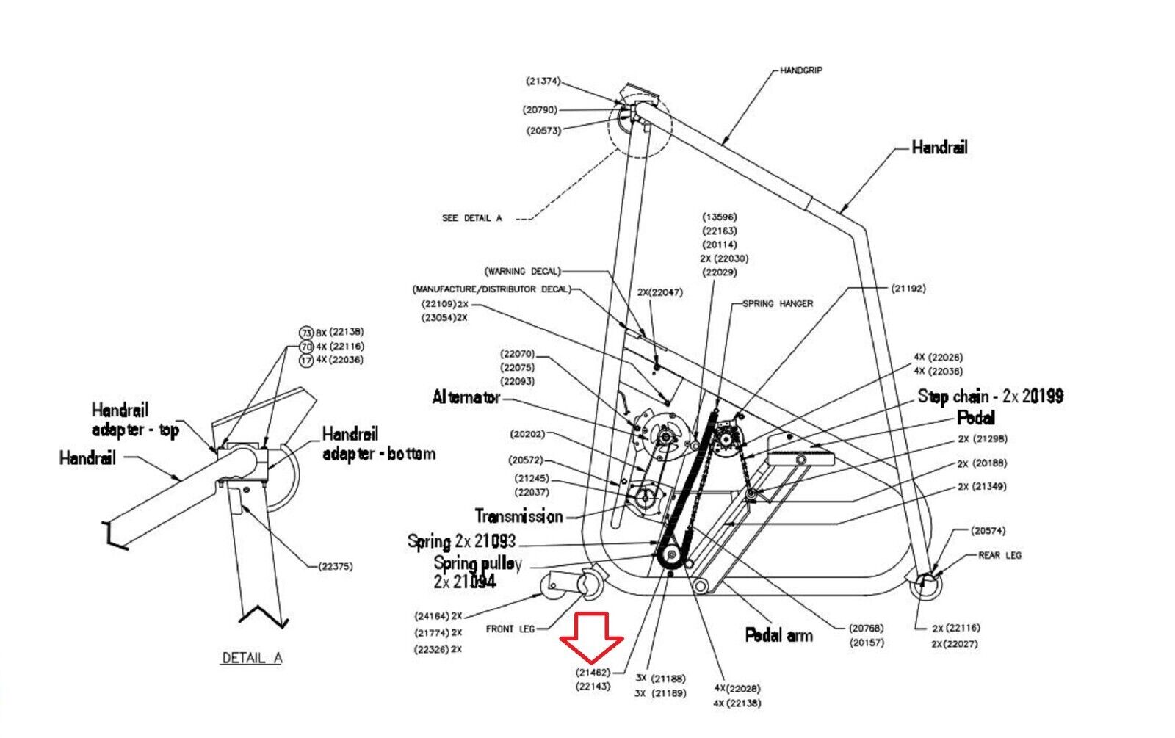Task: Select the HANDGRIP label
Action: (x=800, y=70)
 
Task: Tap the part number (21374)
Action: (x=543, y=81)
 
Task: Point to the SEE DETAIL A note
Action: (x=471, y=218)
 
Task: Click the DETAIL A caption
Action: (x=252, y=658)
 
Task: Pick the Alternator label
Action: (x=466, y=398)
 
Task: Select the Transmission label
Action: (x=518, y=516)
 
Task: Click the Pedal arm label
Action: (x=778, y=635)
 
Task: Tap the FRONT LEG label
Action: (x=510, y=629)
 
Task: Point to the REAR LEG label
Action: (x=999, y=556)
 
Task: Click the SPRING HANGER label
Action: (x=777, y=303)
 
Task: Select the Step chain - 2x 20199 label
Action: (x=990, y=397)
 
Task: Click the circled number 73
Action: (x=306, y=333)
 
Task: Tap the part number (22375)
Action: (x=336, y=566)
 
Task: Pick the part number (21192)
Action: (x=908, y=289)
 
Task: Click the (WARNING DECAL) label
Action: (x=522, y=272)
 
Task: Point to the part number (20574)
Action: (x=987, y=531)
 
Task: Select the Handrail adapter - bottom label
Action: (x=378, y=444)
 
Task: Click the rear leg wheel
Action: (x=925, y=586)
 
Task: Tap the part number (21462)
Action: (x=593, y=672)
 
